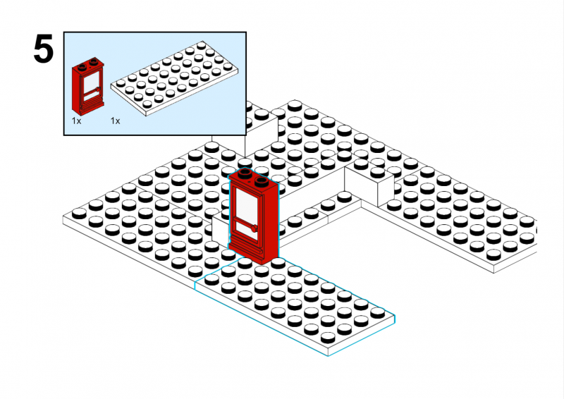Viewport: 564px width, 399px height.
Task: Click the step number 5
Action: click(x=44, y=49)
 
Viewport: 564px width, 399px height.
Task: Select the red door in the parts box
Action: click(x=87, y=86)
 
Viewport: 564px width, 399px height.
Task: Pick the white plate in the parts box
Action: click(x=174, y=78)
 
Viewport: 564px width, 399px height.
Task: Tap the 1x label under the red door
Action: click(x=76, y=121)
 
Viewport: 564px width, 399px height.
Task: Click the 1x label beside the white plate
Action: click(x=115, y=121)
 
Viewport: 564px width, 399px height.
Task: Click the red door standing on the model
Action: click(x=253, y=216)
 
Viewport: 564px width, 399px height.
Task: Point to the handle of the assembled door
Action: click(x=254, y=228)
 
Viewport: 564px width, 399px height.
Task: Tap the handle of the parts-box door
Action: click(x=97, y=89)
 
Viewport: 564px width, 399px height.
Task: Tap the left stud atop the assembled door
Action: click(x=245, y=173)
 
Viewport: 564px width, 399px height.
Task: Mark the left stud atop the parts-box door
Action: click(x=82, y=67)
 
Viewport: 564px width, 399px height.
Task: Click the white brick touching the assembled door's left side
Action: click(x=220, y=228)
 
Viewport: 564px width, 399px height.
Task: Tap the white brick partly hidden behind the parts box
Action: click(x=262, y=131)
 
